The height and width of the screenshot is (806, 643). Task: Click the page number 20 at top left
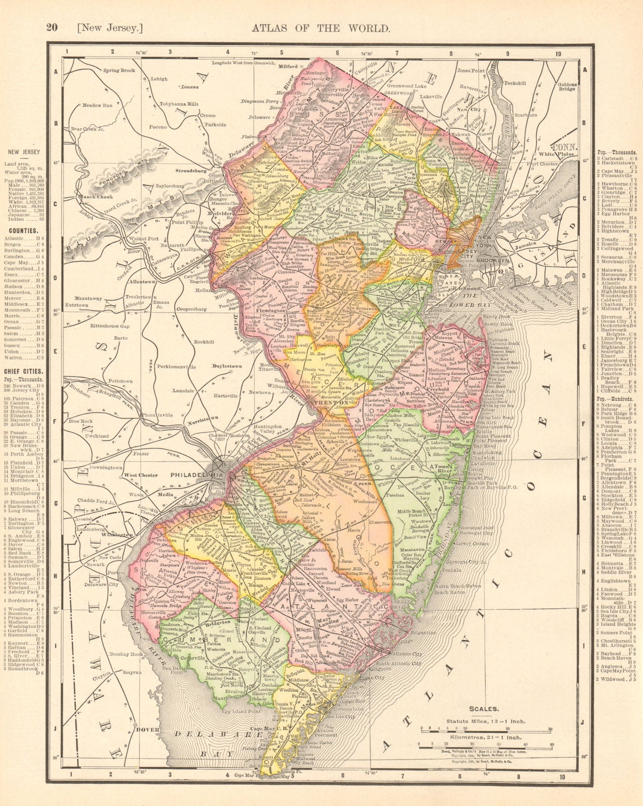[x=52, y=28]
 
